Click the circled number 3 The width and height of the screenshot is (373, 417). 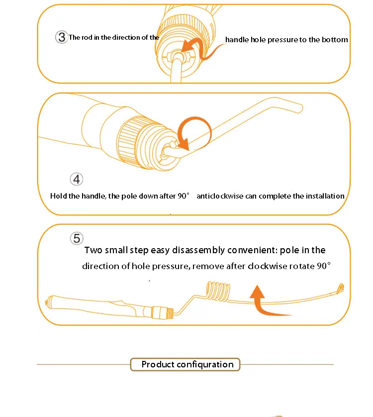(x=62, y=37)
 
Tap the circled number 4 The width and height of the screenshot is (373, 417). (x=77, y=179)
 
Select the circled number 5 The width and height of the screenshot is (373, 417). (x=77, y=238)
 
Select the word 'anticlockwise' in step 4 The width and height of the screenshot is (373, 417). (x=220, y=196)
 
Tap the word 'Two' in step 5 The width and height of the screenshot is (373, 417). (x=93, y=250)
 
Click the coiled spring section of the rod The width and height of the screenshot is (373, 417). (x=218, y=291)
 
